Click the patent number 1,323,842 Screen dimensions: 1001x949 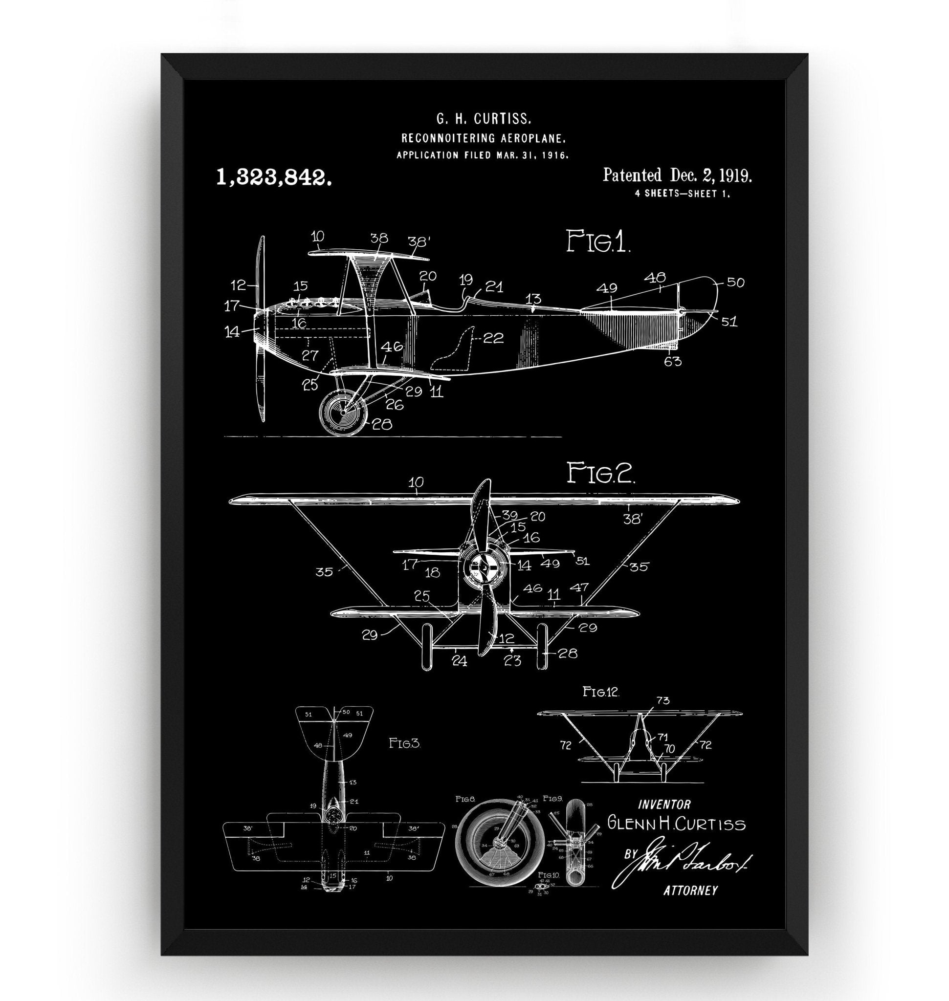(x=274, y=177)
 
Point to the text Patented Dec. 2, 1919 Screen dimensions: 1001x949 (x=677, y=175)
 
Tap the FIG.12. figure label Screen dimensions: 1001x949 (x=600, y=692)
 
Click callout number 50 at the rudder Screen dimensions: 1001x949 (x=734, y=282)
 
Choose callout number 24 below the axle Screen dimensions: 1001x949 (x=459, y=661)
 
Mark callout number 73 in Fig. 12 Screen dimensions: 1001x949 (x=662, y=700)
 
